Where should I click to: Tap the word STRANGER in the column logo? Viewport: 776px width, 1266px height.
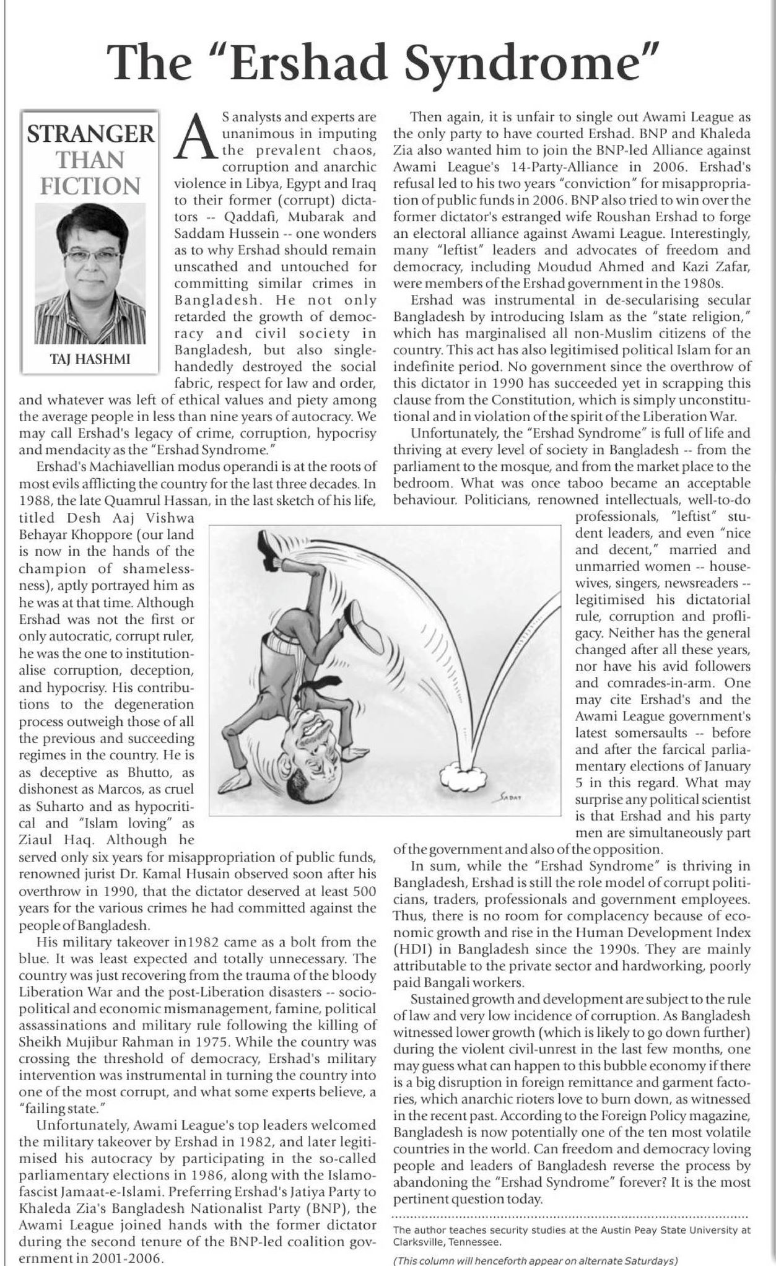tap(90, 134)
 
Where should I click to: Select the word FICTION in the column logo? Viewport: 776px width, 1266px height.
tap(90, 186)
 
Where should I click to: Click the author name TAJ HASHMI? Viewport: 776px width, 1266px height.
tap(90, 359)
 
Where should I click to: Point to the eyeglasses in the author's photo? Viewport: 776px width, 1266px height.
tap(91, 255)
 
